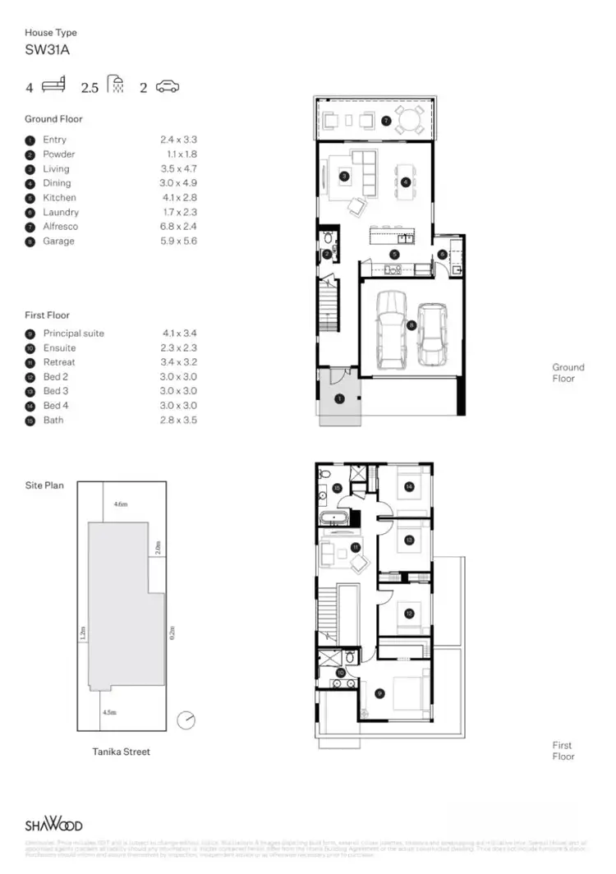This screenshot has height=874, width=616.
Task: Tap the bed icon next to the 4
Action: pos(53,85)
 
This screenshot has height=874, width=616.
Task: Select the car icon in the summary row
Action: pos(167,86)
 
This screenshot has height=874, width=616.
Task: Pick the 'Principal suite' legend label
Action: pos(73,333)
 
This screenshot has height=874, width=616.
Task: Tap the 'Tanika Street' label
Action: pos(121,752)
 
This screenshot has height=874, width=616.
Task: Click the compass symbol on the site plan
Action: pos(187,720)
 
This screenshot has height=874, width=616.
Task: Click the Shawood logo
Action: pos(53,825)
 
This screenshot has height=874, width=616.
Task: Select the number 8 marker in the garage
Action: pos(411,325)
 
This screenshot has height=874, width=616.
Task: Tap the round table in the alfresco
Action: pos(407,121)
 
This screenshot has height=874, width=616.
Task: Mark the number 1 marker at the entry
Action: pos(339,398)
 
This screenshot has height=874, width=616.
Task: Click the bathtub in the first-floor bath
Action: pos(334,518)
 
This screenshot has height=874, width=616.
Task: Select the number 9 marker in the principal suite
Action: pos(379,692)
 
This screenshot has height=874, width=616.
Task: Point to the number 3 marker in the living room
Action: pos(344,175)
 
